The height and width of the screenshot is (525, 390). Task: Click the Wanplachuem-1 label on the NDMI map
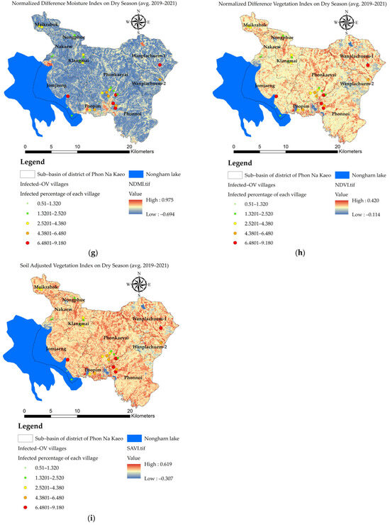149,55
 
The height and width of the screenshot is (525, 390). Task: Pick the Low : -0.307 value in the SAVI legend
160,478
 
